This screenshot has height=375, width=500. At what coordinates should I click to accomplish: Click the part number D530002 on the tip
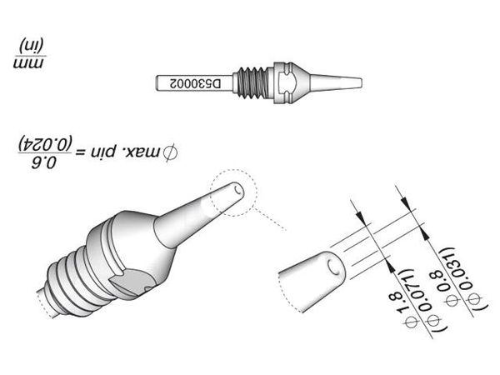(195, 84)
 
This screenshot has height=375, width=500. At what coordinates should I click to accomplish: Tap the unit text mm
(28, 63)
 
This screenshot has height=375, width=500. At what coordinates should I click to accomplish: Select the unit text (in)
(32, 46)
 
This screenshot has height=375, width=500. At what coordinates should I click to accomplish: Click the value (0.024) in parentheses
(45, 144)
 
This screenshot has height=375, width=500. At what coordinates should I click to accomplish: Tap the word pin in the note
(103, 152)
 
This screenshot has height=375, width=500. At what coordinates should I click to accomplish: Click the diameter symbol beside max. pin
(171, 152)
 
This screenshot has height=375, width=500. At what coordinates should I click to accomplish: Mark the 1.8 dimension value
(397, 303)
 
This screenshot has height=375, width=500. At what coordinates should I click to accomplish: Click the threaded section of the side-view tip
(252, 82)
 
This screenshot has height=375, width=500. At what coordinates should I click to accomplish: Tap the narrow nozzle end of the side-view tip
(336, 82)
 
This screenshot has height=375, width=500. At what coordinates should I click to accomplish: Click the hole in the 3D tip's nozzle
(237, 191)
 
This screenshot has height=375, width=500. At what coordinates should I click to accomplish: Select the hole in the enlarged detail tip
(333, 267)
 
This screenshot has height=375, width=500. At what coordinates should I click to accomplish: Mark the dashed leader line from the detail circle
(270, 219)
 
